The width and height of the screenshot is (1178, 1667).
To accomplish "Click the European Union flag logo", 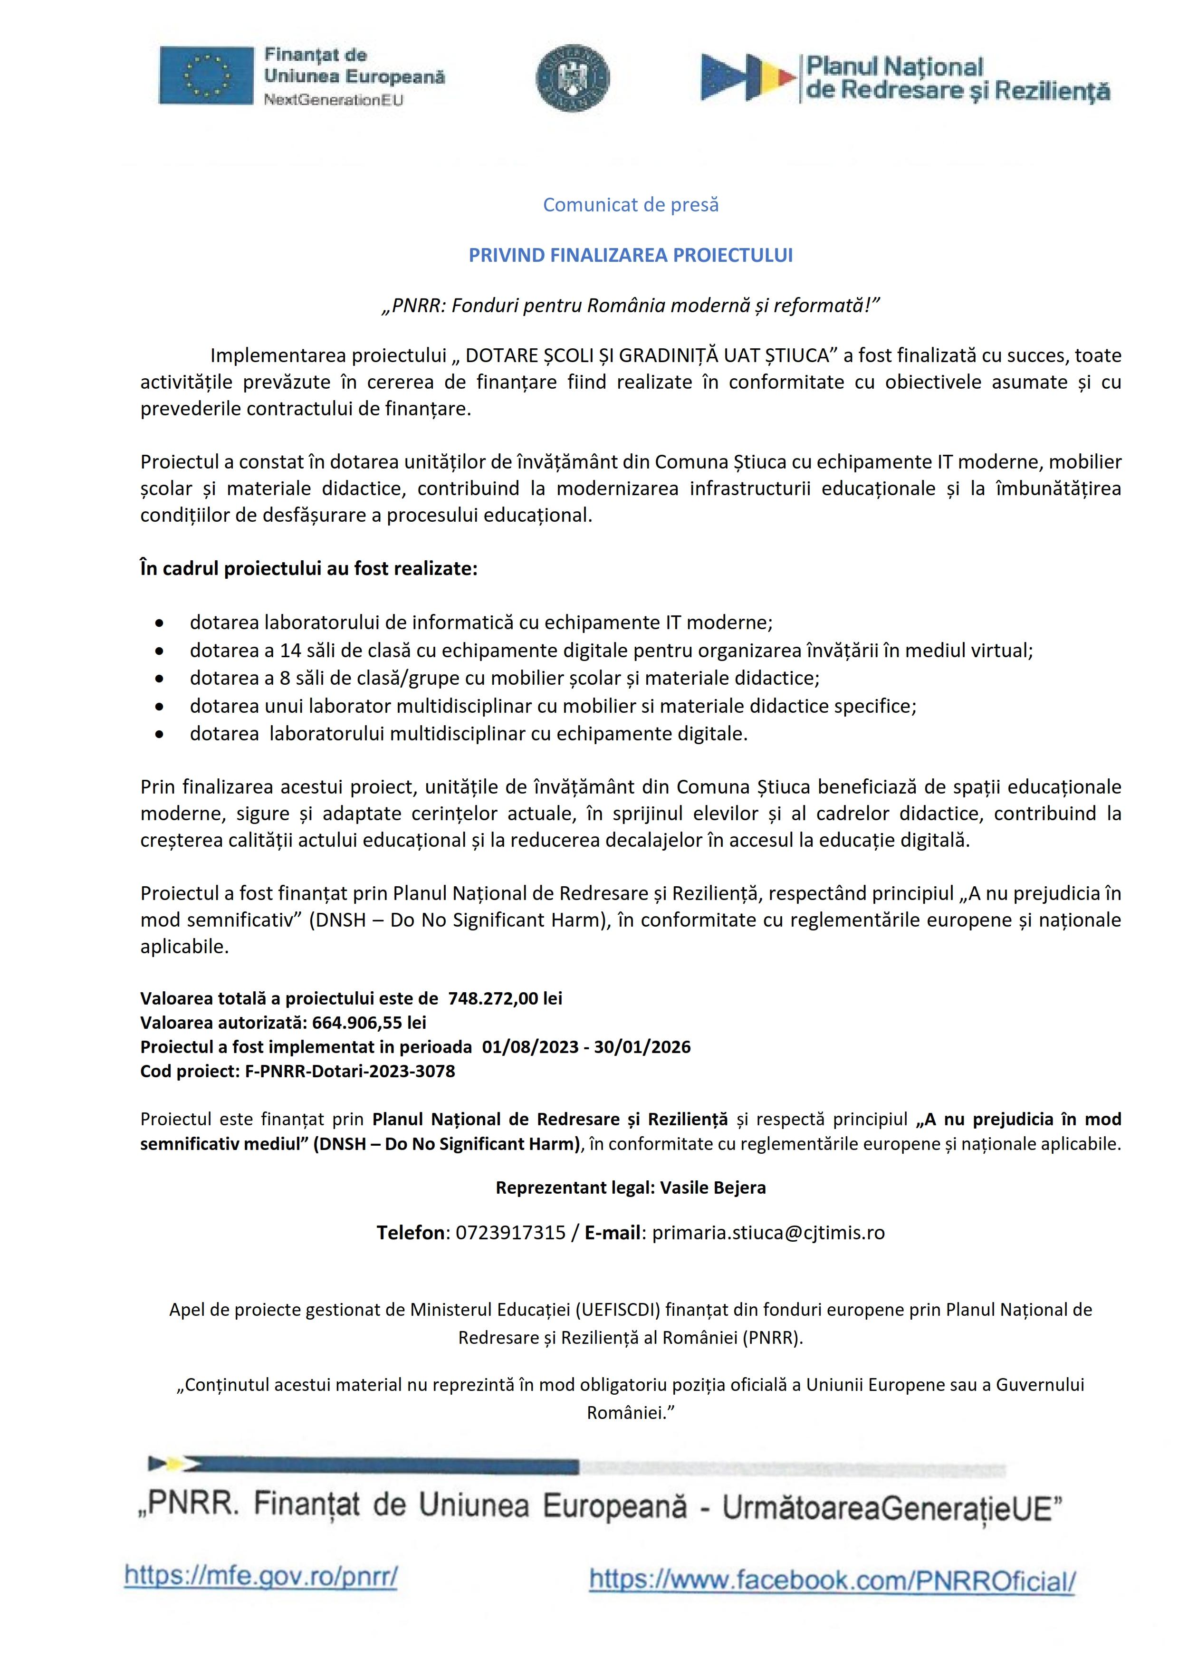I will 207,75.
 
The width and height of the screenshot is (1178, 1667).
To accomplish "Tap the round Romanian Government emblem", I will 573,77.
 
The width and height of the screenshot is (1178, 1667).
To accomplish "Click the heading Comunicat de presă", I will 631,205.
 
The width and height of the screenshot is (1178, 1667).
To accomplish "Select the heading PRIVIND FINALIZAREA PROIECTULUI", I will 631,256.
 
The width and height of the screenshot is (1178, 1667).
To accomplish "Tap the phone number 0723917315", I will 510,1233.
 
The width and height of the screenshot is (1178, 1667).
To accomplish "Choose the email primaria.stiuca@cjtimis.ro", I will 769,1233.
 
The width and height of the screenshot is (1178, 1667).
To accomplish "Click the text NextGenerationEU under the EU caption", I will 333,100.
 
